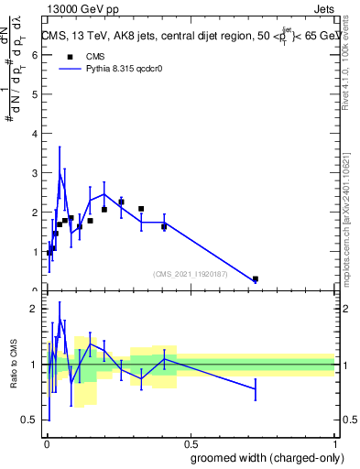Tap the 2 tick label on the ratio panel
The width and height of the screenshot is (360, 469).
[33, 309]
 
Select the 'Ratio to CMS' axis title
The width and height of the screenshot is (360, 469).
[14, 364]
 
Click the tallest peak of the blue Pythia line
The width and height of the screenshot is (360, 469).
[60, 170]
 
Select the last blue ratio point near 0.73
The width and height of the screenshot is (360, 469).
[256, 389]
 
